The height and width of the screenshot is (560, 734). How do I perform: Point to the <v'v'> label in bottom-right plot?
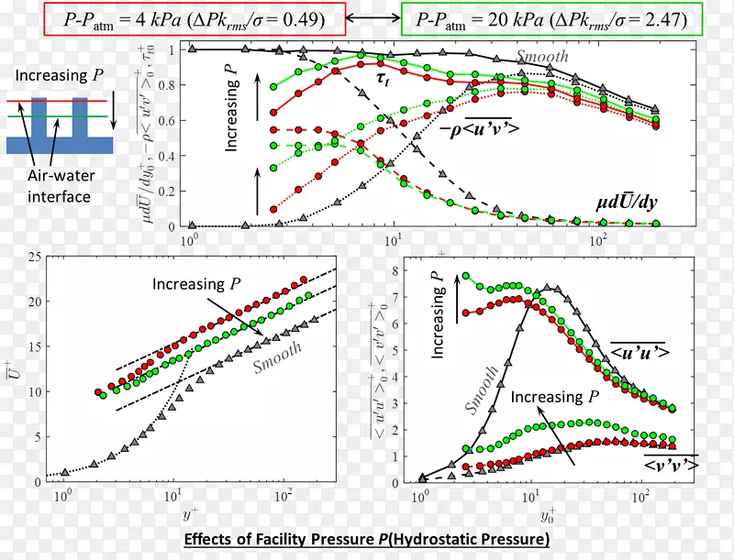(669, 466)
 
